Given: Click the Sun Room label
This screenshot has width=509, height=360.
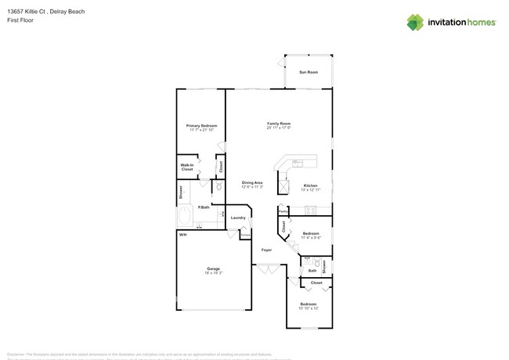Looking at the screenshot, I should (309, 72).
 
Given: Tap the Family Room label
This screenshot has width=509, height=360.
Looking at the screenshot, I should (279, 123).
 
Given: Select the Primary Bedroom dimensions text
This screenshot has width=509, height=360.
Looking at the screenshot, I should (201, 130).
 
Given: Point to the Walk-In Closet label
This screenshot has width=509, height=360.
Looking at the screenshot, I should (187, 167).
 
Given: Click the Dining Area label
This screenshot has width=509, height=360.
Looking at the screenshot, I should (252, 182).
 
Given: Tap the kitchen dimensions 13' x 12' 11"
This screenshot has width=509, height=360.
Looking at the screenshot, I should (311, 190).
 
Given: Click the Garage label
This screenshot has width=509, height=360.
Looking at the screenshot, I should (213, 268).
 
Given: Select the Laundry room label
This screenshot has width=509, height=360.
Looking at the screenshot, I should (238, 218).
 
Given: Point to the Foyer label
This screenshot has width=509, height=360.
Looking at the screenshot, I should (266, 249).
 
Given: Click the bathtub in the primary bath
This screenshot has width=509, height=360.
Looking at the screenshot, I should (186, 216).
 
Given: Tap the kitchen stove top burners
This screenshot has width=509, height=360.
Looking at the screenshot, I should (309, 209).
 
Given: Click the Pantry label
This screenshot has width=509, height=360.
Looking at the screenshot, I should (283, 211).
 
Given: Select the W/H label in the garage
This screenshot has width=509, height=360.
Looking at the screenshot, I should (182, 235).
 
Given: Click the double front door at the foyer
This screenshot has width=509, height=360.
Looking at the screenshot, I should (266, 269).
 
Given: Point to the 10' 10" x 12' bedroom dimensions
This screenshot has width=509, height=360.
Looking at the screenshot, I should (309, 308).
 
